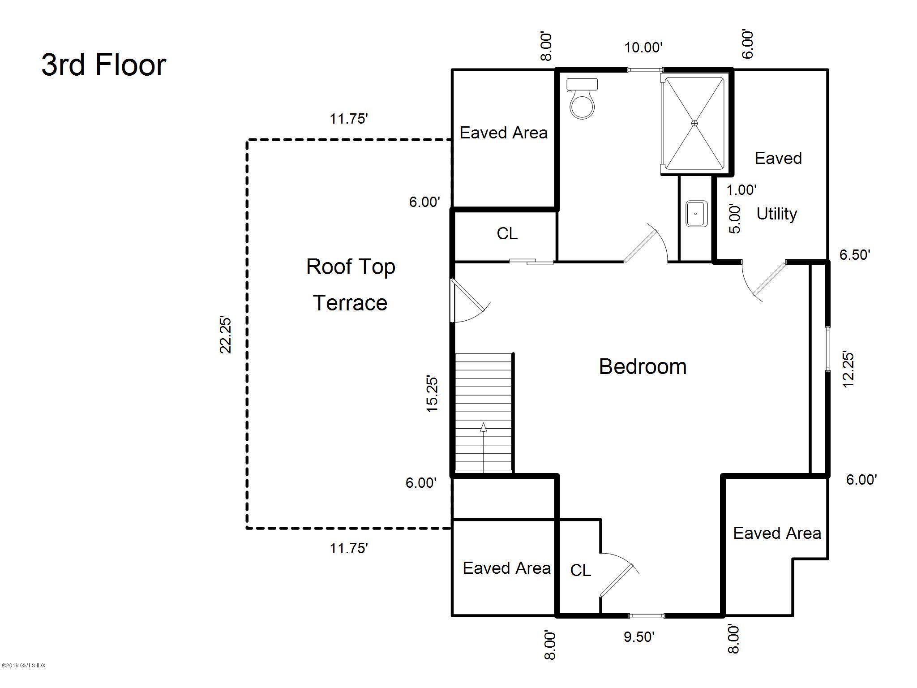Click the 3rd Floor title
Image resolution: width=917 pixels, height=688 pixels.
(x=104, y=65)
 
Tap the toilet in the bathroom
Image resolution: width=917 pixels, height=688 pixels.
(x=582, y=100)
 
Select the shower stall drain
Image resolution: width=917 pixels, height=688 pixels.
(x=694, y=123)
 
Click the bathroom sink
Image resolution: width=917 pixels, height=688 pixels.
(x=696, y=214)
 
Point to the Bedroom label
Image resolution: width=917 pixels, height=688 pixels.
(x=643, y=367)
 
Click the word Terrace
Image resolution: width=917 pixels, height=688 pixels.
(x=350, y=303)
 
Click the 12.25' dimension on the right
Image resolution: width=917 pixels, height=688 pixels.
(x=848, y=370)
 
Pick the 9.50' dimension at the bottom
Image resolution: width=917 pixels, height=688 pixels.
(x=639, y=636)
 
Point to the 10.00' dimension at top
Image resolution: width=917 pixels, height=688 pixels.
(x=643, y=47)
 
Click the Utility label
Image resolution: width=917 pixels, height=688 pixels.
(x=776, y=214)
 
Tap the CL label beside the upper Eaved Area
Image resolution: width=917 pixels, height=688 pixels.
(x=507, y=233)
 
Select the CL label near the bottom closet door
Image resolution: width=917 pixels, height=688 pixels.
(x=580, y=570)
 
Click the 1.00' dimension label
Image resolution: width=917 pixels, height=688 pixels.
(x=741, y=190)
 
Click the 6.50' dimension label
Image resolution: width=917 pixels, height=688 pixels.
(x=855, y=255)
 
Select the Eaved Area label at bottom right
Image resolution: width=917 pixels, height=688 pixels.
(x=777, y=533)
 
